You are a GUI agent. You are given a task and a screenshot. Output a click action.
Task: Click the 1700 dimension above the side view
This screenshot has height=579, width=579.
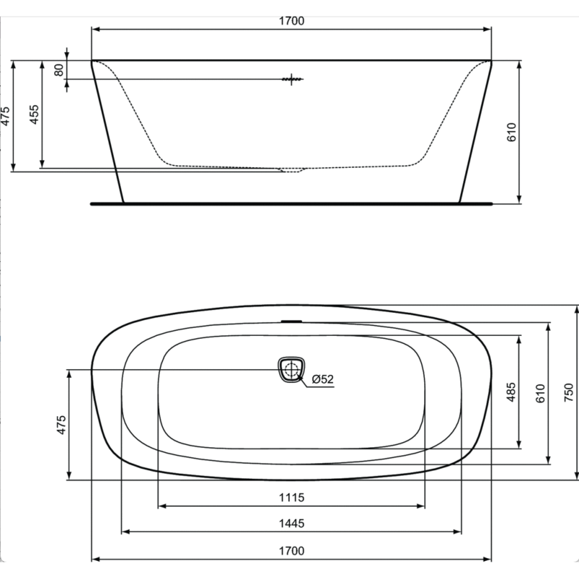292,21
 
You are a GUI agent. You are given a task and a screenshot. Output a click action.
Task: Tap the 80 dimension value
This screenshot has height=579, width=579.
59,69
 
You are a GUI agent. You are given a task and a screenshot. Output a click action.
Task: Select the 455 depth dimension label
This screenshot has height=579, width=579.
34,114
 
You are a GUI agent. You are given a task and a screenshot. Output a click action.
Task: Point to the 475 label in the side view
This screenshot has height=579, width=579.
5,116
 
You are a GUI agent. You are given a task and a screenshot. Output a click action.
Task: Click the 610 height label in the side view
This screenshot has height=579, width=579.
512,132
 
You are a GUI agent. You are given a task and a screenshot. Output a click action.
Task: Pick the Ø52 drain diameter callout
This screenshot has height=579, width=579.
323,379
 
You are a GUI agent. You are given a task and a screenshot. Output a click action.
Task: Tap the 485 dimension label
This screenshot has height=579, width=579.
511,392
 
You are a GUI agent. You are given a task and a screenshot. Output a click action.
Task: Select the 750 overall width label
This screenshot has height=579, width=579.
569,392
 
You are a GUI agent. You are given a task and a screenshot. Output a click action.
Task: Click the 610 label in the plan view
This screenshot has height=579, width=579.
540,393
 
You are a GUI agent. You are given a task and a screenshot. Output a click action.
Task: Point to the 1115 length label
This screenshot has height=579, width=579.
292,497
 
